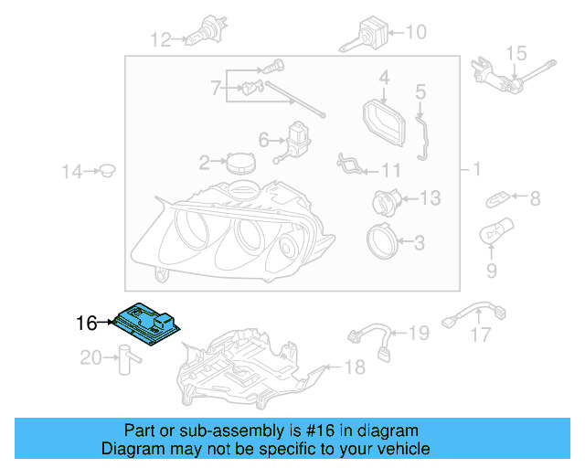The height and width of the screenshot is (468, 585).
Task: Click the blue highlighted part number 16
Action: click(x=150, y=323)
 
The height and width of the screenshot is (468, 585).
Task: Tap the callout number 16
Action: click(x=86, y=323)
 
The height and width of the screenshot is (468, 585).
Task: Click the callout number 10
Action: click(x=415, y=33)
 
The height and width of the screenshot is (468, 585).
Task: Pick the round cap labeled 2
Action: click(x=241, y=163)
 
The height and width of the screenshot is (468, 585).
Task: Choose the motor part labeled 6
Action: click(x=297, y=140)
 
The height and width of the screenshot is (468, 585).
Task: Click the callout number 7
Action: click(x=216, y=89)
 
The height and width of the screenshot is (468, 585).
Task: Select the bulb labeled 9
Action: click(x=494, y=236)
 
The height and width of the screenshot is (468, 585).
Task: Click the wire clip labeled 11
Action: click(x=348, y=165)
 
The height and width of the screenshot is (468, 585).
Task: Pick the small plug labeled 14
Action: click(x=108, y=170)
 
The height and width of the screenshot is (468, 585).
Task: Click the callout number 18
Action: click(x=353, y=367)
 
